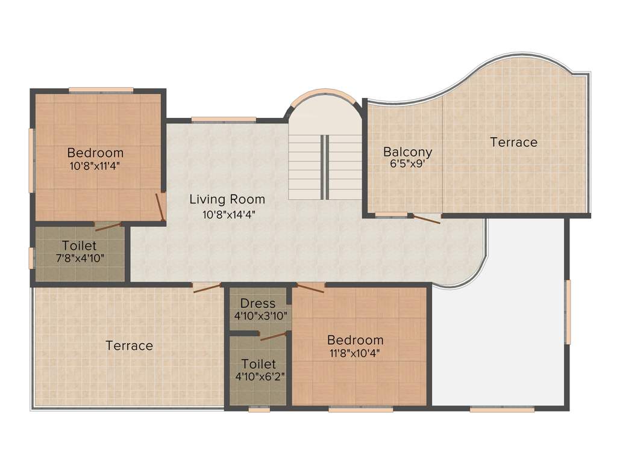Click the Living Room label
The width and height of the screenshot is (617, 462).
click(227, 199)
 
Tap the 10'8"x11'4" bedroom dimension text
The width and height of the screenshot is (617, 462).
click(95, 166)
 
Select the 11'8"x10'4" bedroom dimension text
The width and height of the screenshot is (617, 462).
click(355, 353)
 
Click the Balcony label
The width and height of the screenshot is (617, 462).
click(407, 152)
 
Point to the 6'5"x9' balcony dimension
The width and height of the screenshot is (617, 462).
click(408, 164)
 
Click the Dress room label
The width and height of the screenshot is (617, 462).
click(258, 303)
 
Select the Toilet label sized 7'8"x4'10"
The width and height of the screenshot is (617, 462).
click(79, 245)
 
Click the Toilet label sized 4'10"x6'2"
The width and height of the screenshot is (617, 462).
click(258, 364)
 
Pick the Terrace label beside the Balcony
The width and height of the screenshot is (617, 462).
click(513, 142)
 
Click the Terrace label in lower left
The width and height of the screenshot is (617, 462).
click(129, 345)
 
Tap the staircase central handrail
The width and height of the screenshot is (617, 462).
click(325, 167)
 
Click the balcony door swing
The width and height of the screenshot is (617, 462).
click(425, 219)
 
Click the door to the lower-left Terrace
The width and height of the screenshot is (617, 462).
click(205, 288)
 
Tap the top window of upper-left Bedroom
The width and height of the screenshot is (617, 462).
click(101, 90)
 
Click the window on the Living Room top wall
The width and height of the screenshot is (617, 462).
click(224, 119)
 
